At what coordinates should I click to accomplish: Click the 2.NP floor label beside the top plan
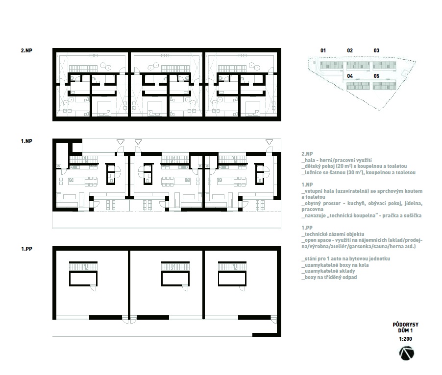click(x=26, y=51)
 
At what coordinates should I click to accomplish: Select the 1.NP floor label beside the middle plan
click(x=26, y=141)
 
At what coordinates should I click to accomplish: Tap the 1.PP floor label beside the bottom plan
click(x=26, y=249)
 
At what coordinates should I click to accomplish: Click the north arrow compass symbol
click(x=407, y=353)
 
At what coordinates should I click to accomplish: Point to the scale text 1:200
click(x=405, y=339)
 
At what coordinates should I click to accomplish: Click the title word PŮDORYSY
click(x=405, y=325)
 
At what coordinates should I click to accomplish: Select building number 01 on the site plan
click(x=323, y=51)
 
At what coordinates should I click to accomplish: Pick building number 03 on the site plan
click(x=376, y=51)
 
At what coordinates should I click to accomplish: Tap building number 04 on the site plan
click(x=350, y=76)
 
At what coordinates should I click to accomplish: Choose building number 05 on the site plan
click(x=376, y=76)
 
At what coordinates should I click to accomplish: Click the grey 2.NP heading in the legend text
click(x=307, y=154)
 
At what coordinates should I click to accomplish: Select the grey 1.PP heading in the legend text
click(x=307, y=228)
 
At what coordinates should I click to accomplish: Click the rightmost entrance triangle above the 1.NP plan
click(x=269, y=142)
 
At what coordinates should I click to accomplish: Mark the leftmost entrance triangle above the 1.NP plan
click(x=121, y=142)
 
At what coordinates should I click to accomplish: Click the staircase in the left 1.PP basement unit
click(x=83, y=266)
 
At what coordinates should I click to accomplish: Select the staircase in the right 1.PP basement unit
click(x=232, y=266)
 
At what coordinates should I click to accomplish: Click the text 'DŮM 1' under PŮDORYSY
click(x=405, y=331)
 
